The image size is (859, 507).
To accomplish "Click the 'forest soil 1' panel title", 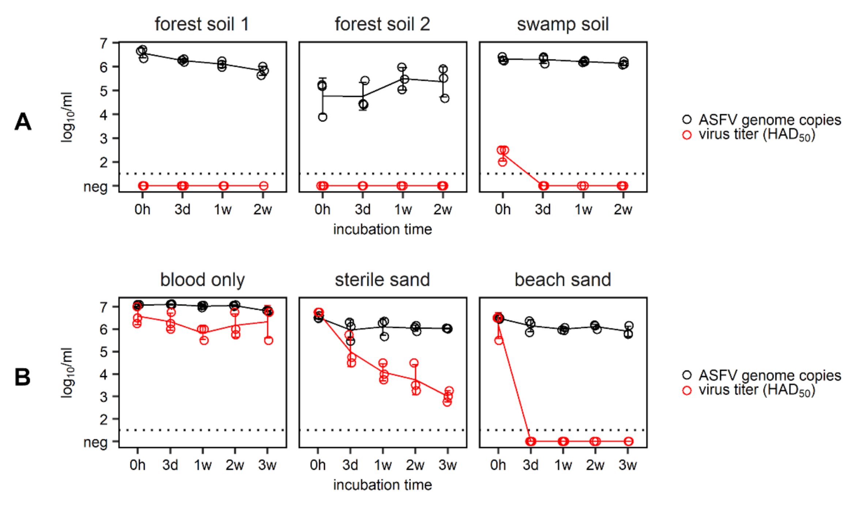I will tap(201, 24).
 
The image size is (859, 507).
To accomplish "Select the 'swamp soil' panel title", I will tap(562, 24).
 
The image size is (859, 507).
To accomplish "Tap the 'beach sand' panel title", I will tap(562, 280).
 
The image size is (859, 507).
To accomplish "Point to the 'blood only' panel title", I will tap(202, 280).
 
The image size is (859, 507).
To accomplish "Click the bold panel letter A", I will tap(23, 121).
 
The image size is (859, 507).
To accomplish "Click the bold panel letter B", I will tap(22, 377).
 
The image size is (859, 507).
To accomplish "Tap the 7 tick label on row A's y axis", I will tap(104, 43).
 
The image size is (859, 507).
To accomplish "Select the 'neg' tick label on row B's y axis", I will tap(95, 442).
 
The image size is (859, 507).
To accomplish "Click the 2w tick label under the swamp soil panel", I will tap(623, 210).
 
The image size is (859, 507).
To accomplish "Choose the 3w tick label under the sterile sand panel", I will tap(448, 465).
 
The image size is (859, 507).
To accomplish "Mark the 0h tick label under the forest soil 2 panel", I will tap(322, 210).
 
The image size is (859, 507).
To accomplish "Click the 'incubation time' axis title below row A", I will tap(383, 229).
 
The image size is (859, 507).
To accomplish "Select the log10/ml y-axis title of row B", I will tap(67, 372).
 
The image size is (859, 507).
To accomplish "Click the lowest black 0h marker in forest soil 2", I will tap(323, 117).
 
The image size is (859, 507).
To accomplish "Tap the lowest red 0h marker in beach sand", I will tap(499, 340).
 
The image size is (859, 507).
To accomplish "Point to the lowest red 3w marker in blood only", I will tap(268, 341).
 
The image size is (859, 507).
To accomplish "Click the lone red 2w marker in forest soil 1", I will tap(264, 186).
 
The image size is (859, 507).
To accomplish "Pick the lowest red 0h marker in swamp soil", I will tap(502, 162).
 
